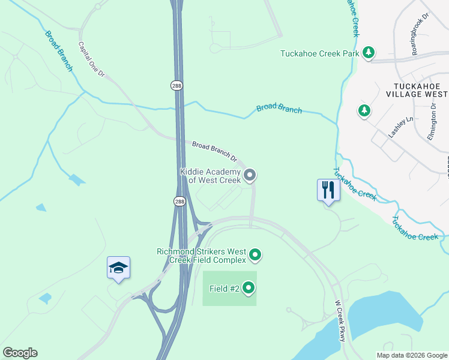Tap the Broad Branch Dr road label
point(214,150)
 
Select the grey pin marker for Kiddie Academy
point(250,175)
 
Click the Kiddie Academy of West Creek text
point(210,176)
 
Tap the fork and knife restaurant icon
point(328,190)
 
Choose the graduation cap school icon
point(118,268)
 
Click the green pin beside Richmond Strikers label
point(255,255)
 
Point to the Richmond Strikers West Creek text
point(201,256)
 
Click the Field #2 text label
point(224,289)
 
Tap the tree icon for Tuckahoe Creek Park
point(369,53)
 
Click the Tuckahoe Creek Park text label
point(319,53)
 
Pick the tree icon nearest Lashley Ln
point(363,110)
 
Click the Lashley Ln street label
point(401,127)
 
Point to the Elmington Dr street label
point(432,122)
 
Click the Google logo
point(20,353)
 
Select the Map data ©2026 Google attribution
point(411,355)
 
